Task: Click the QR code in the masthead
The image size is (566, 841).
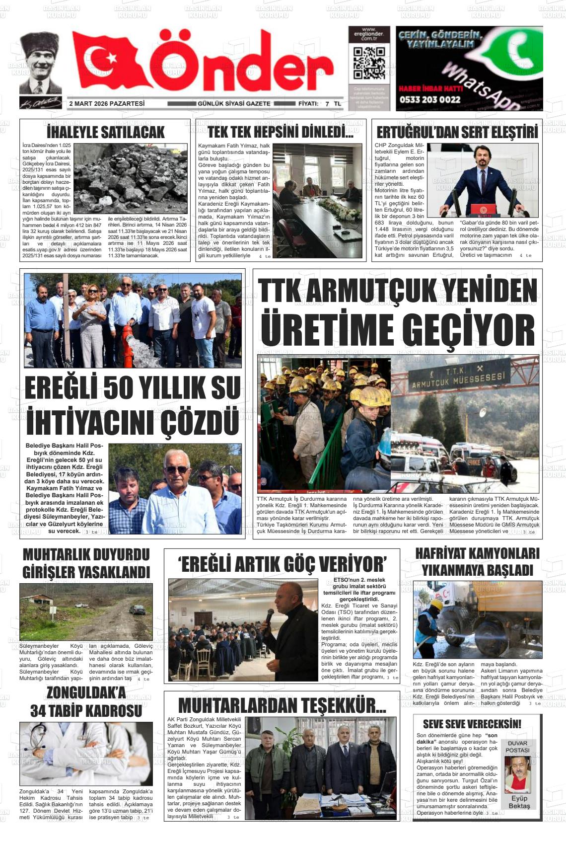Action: [x=368, y=63]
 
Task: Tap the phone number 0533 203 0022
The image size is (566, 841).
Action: [x=429, y=99]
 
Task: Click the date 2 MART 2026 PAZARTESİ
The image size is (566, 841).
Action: [x=107, y=104]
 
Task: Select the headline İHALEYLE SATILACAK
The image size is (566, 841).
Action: [x=105, y=132]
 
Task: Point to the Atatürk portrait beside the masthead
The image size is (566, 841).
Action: [x=40, y=64]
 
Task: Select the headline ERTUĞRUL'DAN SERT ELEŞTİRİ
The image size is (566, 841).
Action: [x=457, y=133]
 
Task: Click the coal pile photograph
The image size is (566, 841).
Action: [x=131, y=178]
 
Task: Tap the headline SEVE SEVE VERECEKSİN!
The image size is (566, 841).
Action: [x=472, y=724]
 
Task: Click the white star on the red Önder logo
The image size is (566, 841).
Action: [x=112, y=59]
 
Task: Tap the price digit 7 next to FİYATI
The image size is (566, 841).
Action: [x=327, y=104]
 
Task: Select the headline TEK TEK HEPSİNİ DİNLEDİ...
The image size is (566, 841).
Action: [x=281, y=132]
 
